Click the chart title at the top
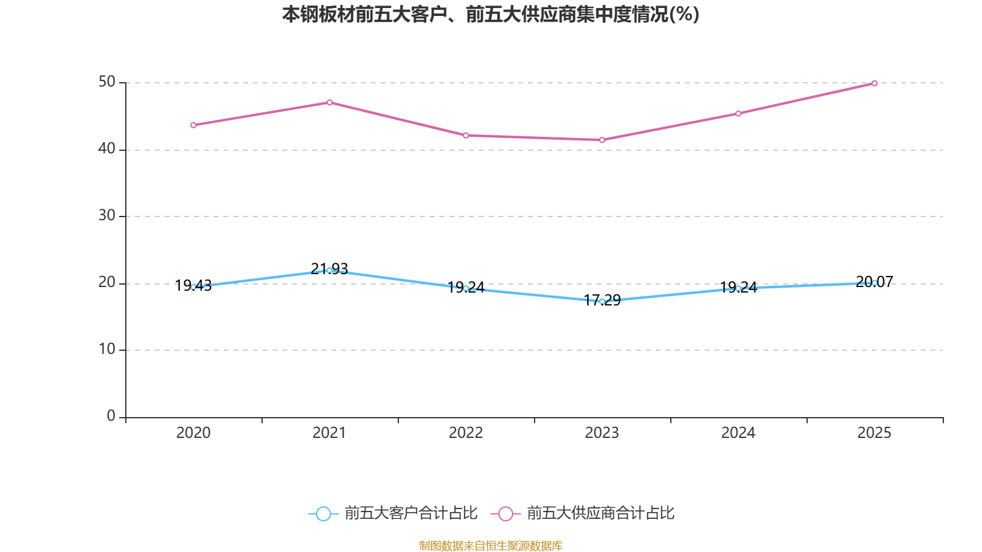click(x=490, y=14)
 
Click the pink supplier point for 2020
click(x=193, y=125)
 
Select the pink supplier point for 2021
click(x=330, y=102)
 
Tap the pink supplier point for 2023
click(x=602, y=140)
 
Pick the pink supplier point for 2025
click(x=875, y=83)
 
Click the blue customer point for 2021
click(x=330, y=270)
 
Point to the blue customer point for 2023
click(x=602, y=301)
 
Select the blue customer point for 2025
click(x=875, y=283)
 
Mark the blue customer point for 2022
click(x=466, y=288)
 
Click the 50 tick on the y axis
click(x=107, y=82)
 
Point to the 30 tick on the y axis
click(x=107, y=216)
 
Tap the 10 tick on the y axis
click(x=107, y=350)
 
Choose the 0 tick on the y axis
click(x=111, y=416)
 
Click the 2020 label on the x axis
click(x=193, y=433)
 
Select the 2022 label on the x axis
click(x=466, y=433)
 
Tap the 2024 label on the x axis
click(x=738, y=433)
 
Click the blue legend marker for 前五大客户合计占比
click(x=323, y=513)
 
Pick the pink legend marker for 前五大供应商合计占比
click(x=506, y=513)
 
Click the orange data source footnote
click(x=490, y=545)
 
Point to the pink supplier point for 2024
click(x=738, y=113)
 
